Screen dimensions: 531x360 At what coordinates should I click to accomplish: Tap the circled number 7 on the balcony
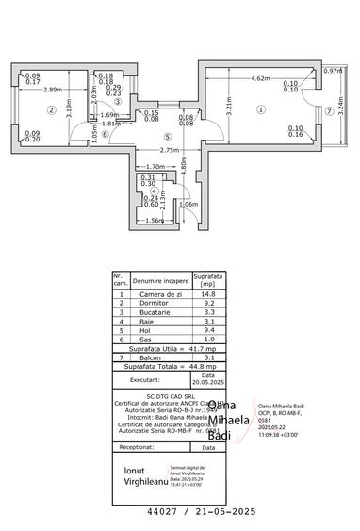coord(328,109)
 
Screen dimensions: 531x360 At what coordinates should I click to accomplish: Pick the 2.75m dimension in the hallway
coord(143,151)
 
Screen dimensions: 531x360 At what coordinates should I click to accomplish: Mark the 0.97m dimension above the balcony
coord(332,71)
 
